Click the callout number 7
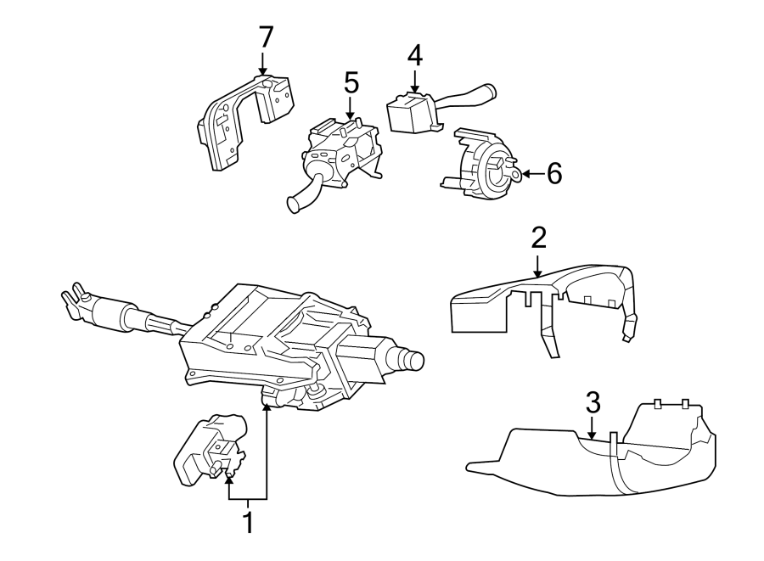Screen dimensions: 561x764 pyautogui.click(x=266, y=36)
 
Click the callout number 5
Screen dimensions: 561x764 pyautogui.click(x=351, y=82)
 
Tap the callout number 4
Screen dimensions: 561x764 pyautogui.click(x=413, y=55)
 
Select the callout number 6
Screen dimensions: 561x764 pyautogui.click(x=553, y=174)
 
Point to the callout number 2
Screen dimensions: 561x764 pyautogui.click(x=538, y=238)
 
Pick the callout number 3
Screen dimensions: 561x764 pyautogui.click(x=593, y=401)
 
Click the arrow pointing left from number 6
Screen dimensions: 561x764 pyautogui.click(x=526, y=174)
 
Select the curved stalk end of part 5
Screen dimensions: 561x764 pyautogui.click(x=297, y=202)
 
